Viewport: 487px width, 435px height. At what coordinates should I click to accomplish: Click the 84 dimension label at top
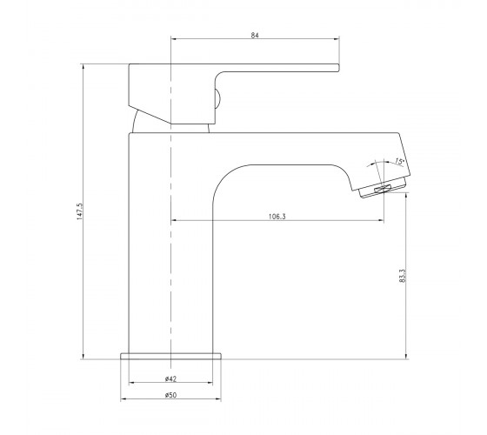255,35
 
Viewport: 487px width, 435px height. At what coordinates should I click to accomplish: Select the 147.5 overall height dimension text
80,211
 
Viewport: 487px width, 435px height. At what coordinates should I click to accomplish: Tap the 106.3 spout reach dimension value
277,217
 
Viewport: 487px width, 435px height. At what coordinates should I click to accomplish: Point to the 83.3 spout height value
402,276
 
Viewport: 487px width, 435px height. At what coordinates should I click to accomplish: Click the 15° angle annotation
399,161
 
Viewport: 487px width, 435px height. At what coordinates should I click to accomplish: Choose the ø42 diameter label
170,378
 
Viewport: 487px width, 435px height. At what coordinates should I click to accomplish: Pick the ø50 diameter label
170,395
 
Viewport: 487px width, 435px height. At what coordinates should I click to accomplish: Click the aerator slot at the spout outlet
382,189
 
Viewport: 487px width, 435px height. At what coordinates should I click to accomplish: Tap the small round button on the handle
217,99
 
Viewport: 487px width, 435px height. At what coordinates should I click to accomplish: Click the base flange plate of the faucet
170,356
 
